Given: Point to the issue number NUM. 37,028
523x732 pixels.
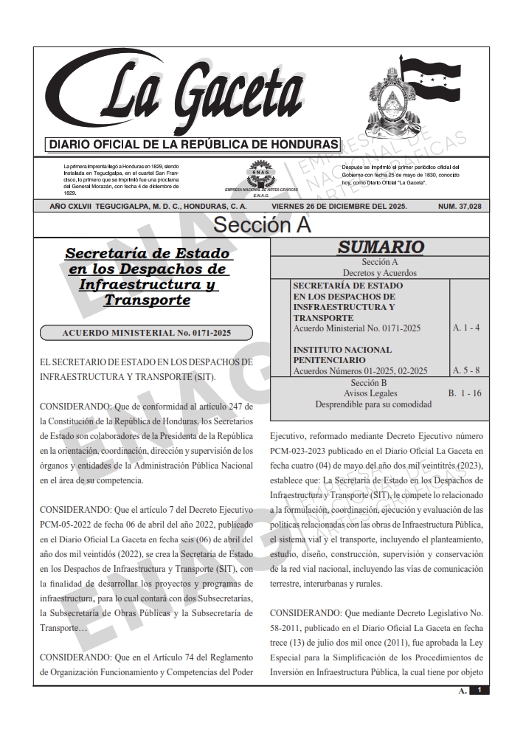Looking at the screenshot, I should pyautogui.click(x=460, y=207).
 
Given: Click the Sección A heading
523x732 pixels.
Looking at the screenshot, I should pyautogui.click(x=261, y=225).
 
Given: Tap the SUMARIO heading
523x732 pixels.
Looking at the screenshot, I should pyautogui.click(x=380, y=248).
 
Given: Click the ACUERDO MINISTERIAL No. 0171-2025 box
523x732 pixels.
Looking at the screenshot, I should pyautogui.click(x=146, y=333).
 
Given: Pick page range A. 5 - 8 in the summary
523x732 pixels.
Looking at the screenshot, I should pyautogui.click(x=466, y=370).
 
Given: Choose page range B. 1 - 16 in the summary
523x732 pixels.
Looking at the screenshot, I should pyautogui.click(x=465, y=393).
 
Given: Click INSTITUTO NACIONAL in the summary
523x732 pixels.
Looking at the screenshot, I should pyautogui.click(x=342, y=350).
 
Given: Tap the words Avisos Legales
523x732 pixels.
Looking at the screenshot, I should pyautogui.click(x=379, y=393).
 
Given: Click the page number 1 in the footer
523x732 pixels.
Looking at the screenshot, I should pyautogui.click(x=479, y=690).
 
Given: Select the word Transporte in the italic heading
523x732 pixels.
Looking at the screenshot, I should pyautogui.click(x=147, y=300).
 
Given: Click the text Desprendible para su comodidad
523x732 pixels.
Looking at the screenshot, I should pyautogui.click(x=373, y=404).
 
